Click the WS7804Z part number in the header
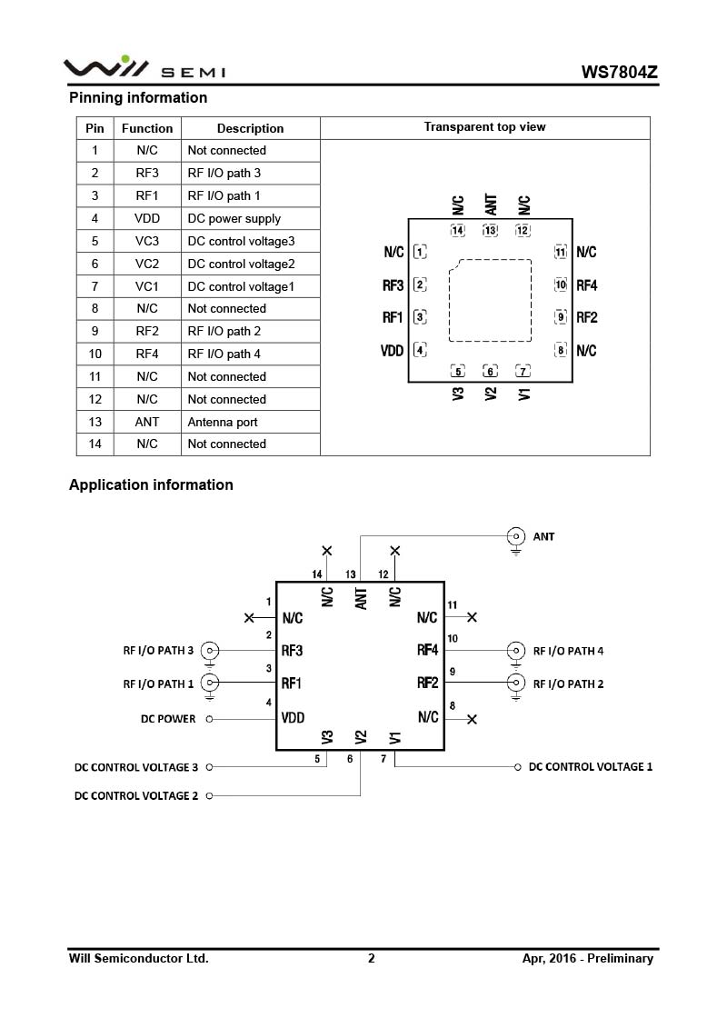619,72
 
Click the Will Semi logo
144,67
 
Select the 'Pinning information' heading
138,97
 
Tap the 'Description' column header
251,128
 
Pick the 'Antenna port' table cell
223,423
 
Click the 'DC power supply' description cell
234,218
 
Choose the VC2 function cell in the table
147,264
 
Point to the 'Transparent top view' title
484,127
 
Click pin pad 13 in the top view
490,230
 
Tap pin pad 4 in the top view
420,350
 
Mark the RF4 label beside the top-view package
587,285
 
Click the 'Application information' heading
151,485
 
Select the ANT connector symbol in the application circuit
516,536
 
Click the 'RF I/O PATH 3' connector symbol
210,651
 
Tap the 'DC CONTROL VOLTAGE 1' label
591,767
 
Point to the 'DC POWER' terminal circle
209,719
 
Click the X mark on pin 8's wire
472,719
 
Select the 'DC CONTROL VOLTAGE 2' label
135,796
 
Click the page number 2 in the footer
371,959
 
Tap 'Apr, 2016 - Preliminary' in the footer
587,959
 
